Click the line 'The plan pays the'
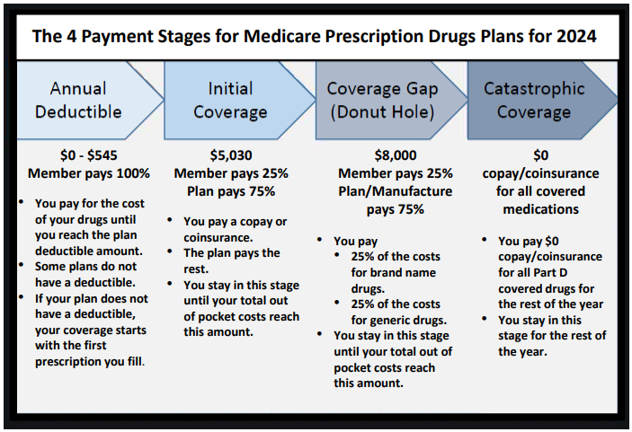[232, 252]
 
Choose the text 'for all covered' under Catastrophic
[541, 191]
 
